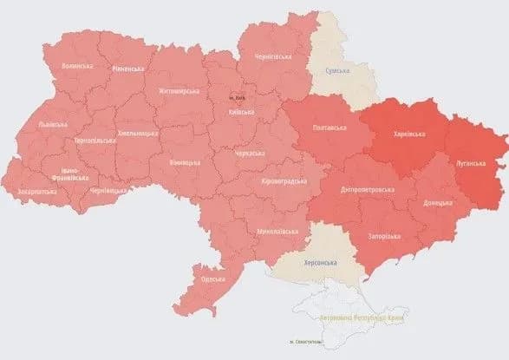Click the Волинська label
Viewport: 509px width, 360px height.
pyautogui.click(x=77, y=66)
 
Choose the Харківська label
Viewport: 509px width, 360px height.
pyautogui.click(x=408, y=134)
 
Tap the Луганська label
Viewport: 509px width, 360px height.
pyautogui.click(x=473, y=162)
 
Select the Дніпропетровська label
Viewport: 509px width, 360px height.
pyautogui.click(x=368, y=188)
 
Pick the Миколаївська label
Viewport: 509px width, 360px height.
pyautogui.click(x=279, y=232)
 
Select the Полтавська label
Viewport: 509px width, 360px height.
pyautogui.click(x=329, y=129)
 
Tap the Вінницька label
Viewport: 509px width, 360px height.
pyautogui.click(x=185, y=162)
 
